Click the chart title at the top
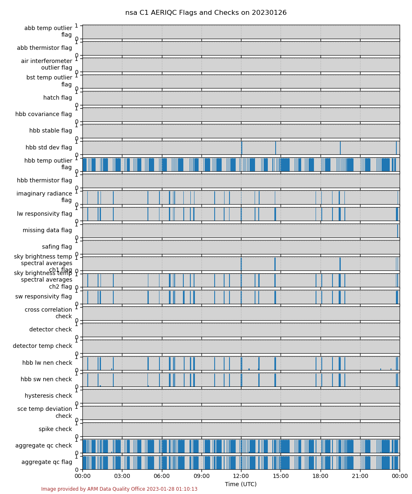coord(206,13)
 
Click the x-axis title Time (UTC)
coord(241,484)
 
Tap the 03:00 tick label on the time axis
coord(122,476)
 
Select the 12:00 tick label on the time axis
coord(241,476)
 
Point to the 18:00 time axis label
coord(321,476)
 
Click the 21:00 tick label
coord(360,476)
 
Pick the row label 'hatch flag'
coord(58,98)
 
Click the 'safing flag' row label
coord(57,247)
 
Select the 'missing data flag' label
coord(47,230)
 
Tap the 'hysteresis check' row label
coord(48,396)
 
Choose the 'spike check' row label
coord(55,429)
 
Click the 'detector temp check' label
coord(42,346)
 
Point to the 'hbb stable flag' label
coord(51,130)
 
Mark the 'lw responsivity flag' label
coord(44,214)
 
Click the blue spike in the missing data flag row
coord(398,231)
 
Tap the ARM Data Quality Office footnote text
coord(119,489)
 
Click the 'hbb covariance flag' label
coord(44,114)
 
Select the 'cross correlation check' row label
coord(48,313)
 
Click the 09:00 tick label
coord(201,476)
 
